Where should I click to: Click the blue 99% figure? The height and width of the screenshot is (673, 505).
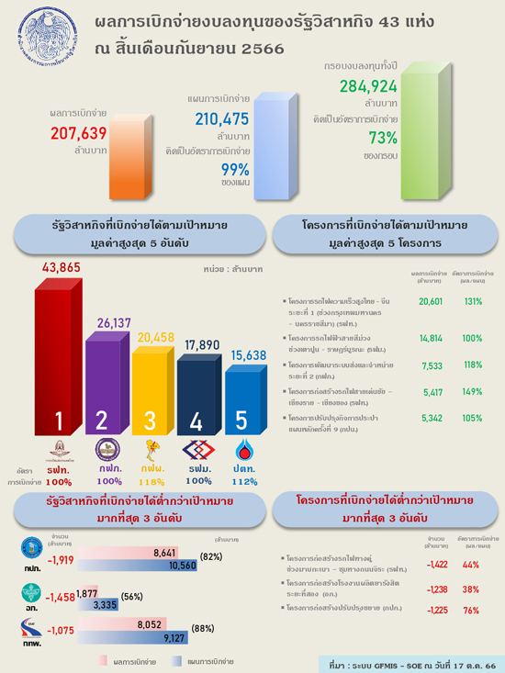click(235, 169)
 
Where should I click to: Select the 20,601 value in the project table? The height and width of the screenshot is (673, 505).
click(431, 301)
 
